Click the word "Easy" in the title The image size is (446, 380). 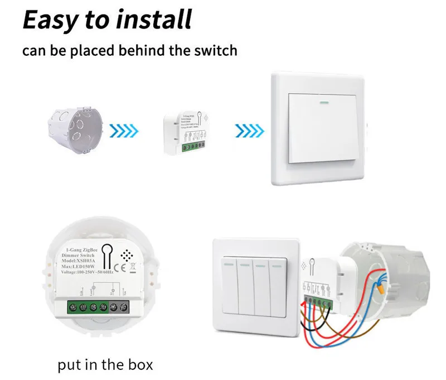tap(51, 20)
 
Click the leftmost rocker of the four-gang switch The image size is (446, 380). tap(229, 284)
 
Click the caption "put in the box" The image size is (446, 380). tap(105, 365)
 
